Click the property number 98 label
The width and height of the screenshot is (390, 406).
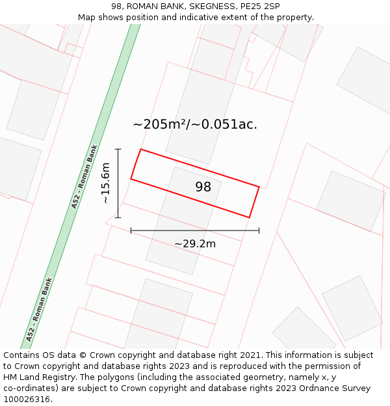203,187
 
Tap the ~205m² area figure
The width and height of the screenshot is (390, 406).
161,124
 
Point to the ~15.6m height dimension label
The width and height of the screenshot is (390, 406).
105,183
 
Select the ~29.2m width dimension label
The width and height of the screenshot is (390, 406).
195,244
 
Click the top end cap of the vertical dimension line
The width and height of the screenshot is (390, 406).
118,149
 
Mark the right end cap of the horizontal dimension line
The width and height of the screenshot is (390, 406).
259,230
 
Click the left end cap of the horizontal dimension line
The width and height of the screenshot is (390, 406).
131,230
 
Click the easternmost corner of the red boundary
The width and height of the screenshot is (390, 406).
259,187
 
